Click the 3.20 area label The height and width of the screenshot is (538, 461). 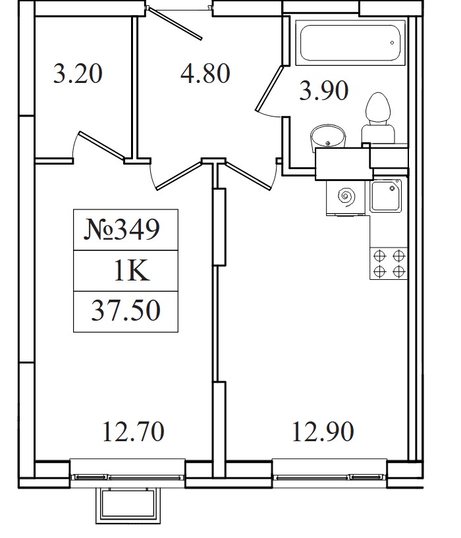78,73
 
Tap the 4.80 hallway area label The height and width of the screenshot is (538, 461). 205,73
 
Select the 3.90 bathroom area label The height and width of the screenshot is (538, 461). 324,91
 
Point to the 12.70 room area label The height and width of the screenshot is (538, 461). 134,431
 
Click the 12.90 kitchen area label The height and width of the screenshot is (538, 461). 323,431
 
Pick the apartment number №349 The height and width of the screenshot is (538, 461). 122,229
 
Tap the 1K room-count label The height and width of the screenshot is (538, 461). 132,271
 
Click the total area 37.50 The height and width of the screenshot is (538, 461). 126,311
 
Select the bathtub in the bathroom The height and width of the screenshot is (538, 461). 350,43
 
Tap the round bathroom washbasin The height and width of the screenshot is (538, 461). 327,136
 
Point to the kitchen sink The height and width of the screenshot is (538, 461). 386,196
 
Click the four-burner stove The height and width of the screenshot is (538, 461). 389,263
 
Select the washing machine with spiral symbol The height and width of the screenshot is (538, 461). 346,198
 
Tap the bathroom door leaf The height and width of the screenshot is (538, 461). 269,88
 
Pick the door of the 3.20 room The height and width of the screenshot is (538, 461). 102,146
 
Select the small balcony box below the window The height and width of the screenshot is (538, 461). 128,506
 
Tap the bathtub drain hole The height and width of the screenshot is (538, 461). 392,43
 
